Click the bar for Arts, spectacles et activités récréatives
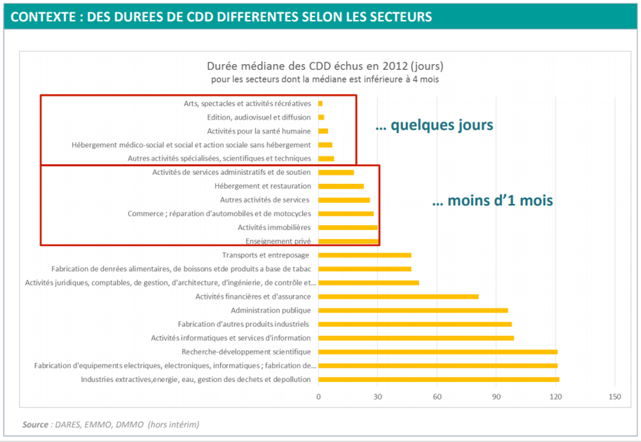320,103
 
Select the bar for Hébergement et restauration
341,186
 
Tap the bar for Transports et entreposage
365,255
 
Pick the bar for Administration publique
413,310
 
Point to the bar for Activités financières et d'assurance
398,297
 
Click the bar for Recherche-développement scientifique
437,352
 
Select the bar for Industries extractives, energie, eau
438,379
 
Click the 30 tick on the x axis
378,396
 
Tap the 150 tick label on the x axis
615,396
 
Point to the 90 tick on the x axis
496,396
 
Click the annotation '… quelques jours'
434,125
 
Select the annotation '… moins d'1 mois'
492,201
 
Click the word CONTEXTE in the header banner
43,17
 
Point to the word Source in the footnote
35,424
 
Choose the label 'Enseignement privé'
278,241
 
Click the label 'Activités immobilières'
274,228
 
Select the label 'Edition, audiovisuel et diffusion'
259,117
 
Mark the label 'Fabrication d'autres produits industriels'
244,324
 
